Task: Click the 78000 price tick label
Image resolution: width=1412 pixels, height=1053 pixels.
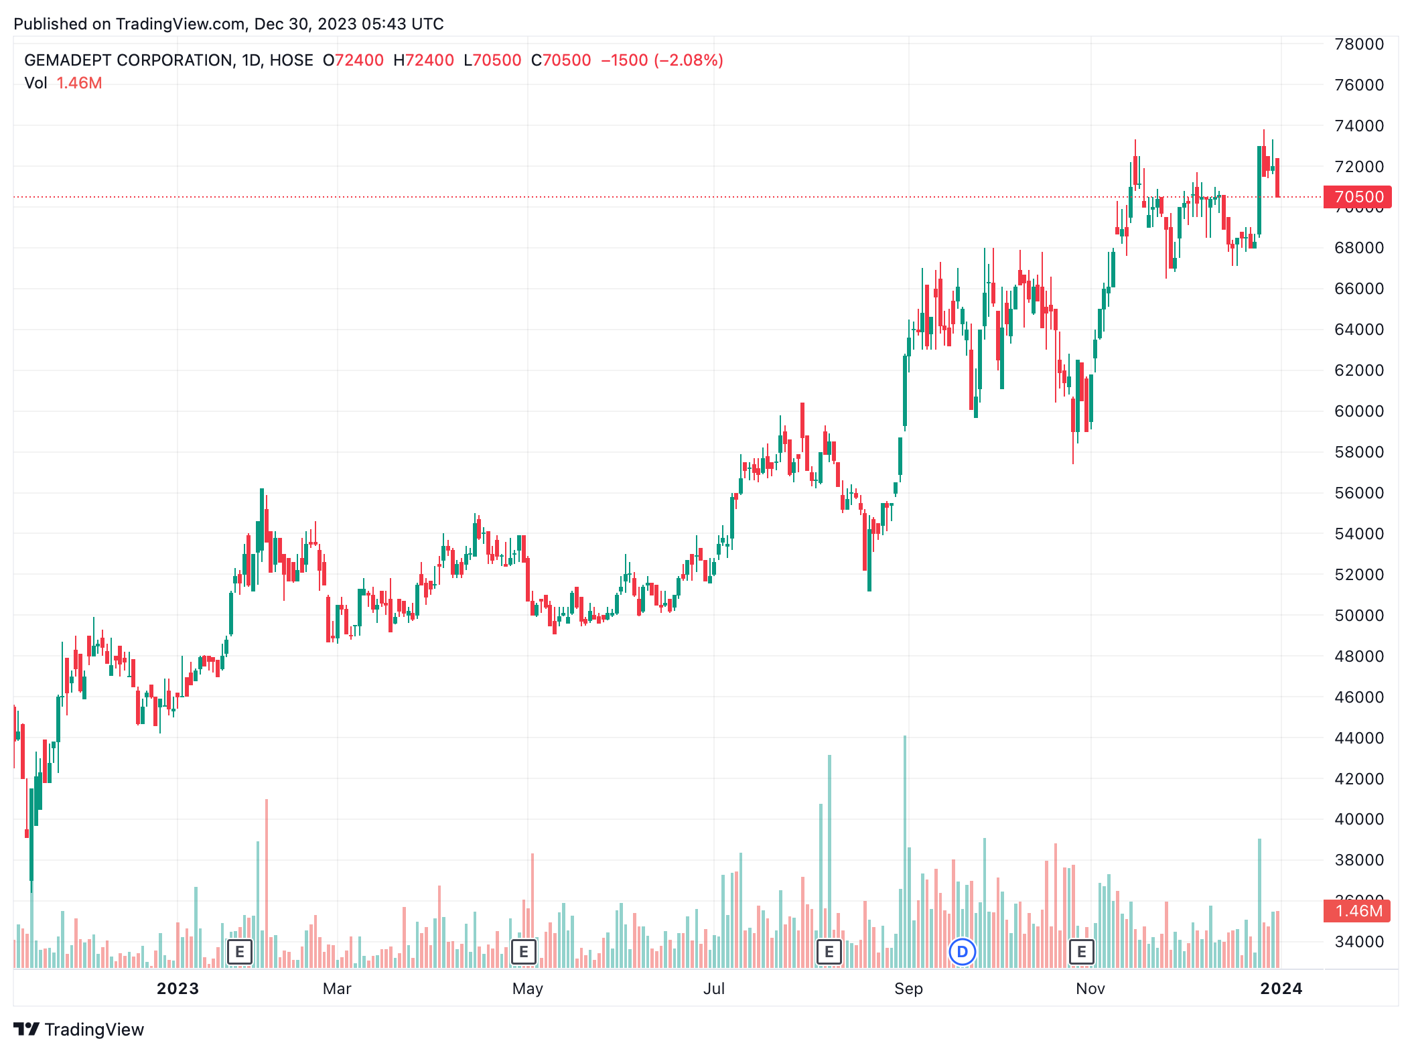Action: point(1358,44)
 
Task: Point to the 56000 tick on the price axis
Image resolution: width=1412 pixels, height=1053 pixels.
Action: point(1358,493)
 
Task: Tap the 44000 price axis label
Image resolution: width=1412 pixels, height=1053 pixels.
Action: point(1358,738)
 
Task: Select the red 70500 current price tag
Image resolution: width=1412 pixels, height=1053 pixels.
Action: point(1358,197)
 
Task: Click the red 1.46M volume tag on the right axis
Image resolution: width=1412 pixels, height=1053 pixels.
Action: point(1358,911)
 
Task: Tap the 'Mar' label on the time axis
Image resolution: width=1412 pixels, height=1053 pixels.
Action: point(337,989)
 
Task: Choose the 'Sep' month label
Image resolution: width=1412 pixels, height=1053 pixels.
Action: point(908,989)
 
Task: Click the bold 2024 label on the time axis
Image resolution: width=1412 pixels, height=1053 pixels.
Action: point(1281,989)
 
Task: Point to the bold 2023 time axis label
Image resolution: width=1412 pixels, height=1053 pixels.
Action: point(178,989)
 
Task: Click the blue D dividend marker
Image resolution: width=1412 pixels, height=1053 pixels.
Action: point(963,952)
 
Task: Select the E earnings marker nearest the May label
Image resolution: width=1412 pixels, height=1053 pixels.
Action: point(524,952)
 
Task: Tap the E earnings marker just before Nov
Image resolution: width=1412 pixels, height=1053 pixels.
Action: point(1081,952)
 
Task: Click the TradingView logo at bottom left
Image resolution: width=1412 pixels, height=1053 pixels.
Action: point(79,1030)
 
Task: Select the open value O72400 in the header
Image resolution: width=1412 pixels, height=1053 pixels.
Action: point(353,60)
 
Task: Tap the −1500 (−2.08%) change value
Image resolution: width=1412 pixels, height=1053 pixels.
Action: point(662,60)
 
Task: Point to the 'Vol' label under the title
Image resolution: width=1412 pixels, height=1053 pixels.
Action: point(36,83)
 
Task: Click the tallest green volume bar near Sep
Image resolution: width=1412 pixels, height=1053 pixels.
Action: point(905,851)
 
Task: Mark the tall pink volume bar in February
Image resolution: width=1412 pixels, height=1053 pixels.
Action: point(267,884)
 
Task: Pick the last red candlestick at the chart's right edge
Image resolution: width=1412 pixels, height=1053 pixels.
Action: point(1278,178)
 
